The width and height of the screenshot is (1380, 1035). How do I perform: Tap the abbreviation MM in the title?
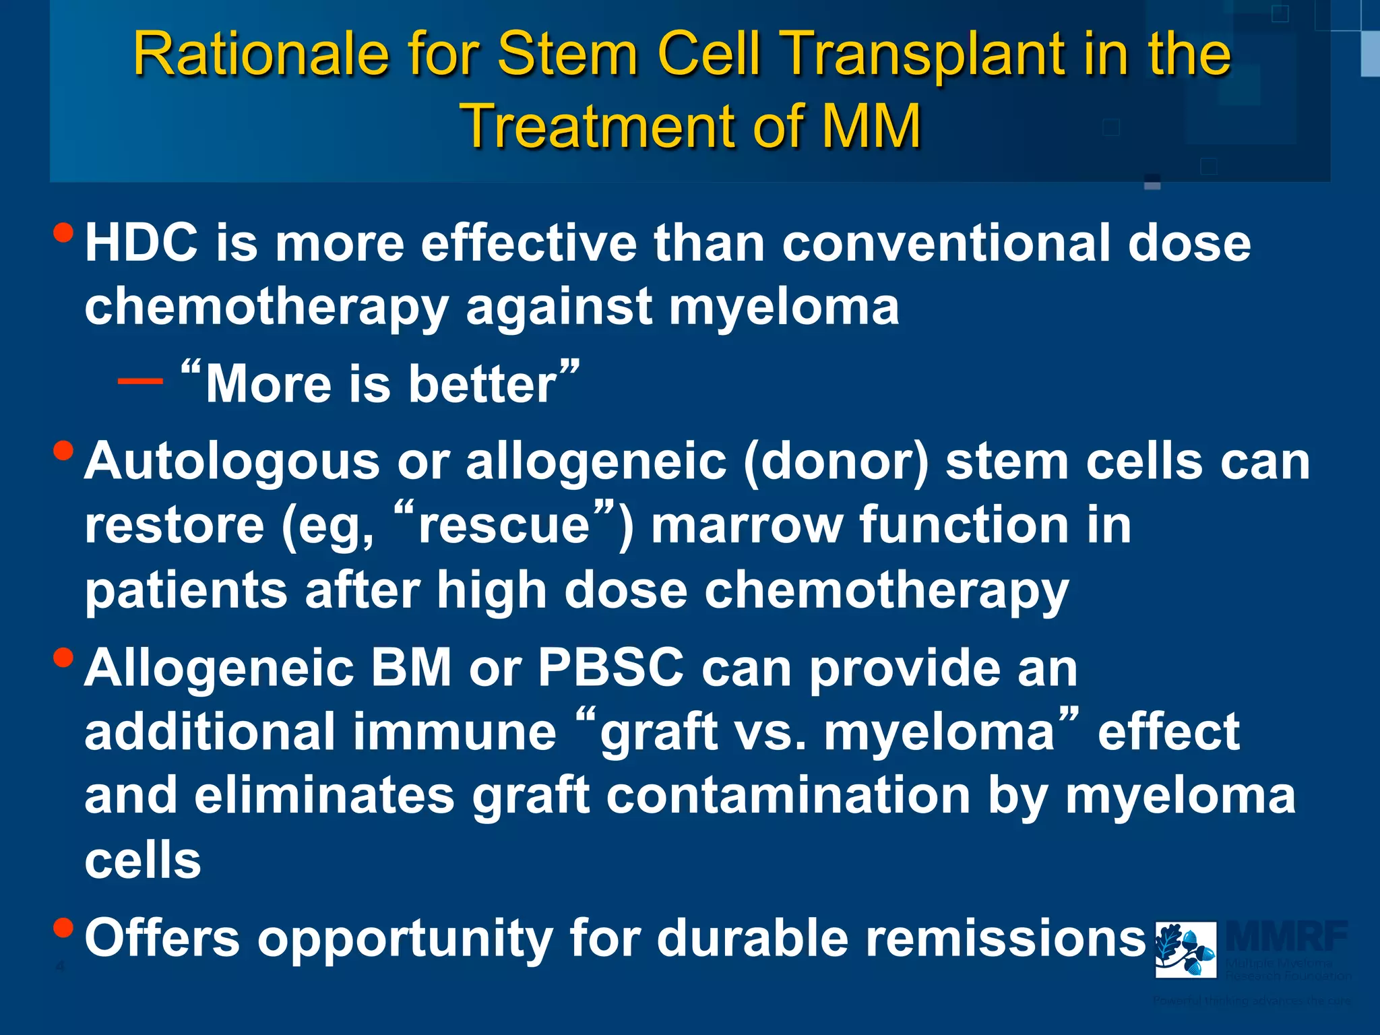871,126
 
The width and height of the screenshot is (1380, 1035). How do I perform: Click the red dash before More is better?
140,381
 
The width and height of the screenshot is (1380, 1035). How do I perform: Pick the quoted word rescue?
504,526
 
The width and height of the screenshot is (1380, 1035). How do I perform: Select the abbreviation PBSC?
610,668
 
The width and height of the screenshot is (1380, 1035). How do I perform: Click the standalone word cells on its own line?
143,860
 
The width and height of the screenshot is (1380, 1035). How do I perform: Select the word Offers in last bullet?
162,938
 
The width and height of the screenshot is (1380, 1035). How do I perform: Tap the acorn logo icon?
1185,949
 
